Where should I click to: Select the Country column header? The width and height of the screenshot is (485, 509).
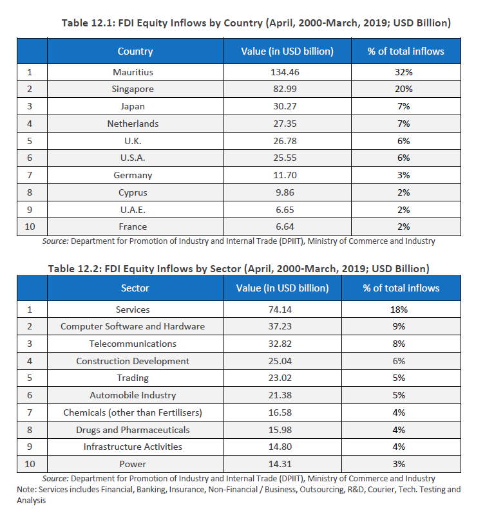pos(135,51)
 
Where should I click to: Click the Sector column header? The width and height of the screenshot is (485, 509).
pos(135,288)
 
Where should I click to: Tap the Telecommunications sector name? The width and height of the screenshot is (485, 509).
pos(133,344)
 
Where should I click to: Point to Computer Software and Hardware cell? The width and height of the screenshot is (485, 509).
pos(133,326)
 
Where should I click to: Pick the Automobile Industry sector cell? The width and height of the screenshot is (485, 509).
pos(133,395)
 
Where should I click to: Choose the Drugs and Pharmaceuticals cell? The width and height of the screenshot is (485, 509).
pos(133,429)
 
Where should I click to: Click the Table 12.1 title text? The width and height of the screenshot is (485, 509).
pos(255,23)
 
